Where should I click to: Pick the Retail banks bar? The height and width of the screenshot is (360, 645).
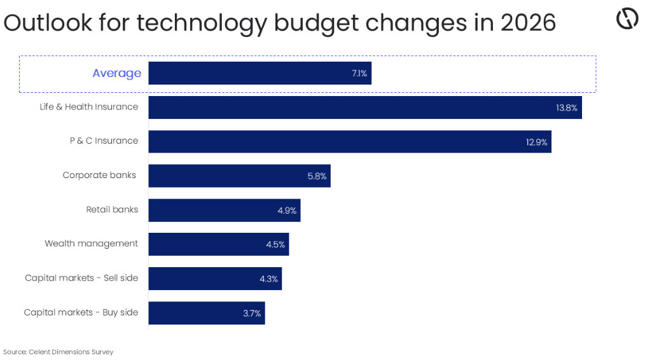pos(216,211)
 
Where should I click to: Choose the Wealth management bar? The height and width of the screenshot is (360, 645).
pos(210,245)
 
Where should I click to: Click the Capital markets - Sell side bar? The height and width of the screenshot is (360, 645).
pos(207,279)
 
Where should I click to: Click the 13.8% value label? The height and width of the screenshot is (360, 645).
pos(566,108)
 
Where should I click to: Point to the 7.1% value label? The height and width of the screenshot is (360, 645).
pos(359,74)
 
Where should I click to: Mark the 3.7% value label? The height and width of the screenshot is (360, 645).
pos(252,314)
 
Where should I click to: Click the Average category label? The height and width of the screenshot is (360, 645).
pos(116,73)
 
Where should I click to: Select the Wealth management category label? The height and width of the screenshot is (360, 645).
pos(91,244)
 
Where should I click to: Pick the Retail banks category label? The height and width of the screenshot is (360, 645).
pos(112,209)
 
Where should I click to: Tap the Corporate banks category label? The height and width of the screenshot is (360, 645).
pos(99,175)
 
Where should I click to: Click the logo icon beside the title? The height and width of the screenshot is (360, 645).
pos(627,20)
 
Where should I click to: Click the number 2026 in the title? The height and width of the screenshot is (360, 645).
pos(528,23)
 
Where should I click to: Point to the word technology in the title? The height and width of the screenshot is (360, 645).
pos(202,24)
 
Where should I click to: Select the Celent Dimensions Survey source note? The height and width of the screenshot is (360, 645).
pos(58,352)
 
